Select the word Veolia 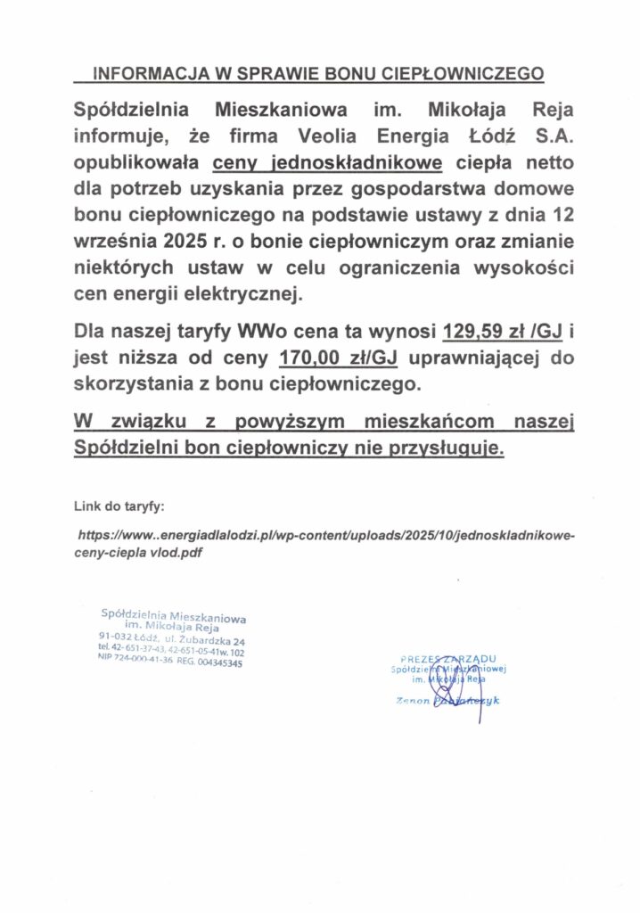pyautogui.click(x=310, y=138)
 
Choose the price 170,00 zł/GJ pyautogui.click(x=338, y=359)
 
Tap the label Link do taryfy pyautogui.click(x=119, y=508)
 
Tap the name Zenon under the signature pyautogui.click(x=414, y=701)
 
